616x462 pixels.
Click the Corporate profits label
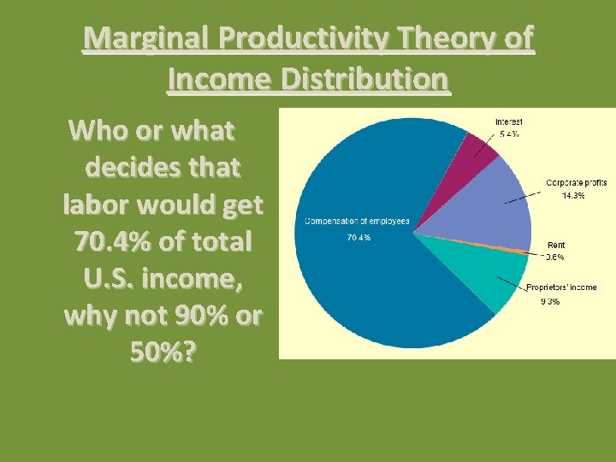[577, 183]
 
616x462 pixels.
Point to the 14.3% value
[572, 195]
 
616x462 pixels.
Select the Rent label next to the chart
[556, 246]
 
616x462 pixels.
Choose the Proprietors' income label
[561, 287]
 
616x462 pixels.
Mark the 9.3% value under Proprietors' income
[548, 302]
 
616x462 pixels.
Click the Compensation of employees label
[357, 222]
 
